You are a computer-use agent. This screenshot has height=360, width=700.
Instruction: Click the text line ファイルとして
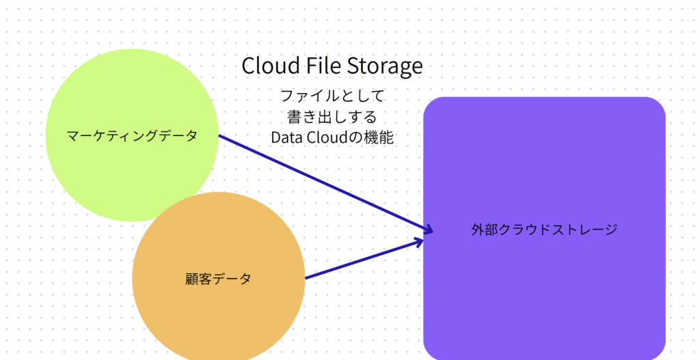point(333,95)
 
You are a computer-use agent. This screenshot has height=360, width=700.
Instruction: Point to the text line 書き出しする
point(333,115)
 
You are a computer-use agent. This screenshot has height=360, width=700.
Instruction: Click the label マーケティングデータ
point(132,135)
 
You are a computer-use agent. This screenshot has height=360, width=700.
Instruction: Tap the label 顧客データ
point(218,279)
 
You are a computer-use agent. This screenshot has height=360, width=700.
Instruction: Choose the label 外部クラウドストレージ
point(544,230)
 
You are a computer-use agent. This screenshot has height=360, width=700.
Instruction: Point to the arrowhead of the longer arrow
point(428,230)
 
